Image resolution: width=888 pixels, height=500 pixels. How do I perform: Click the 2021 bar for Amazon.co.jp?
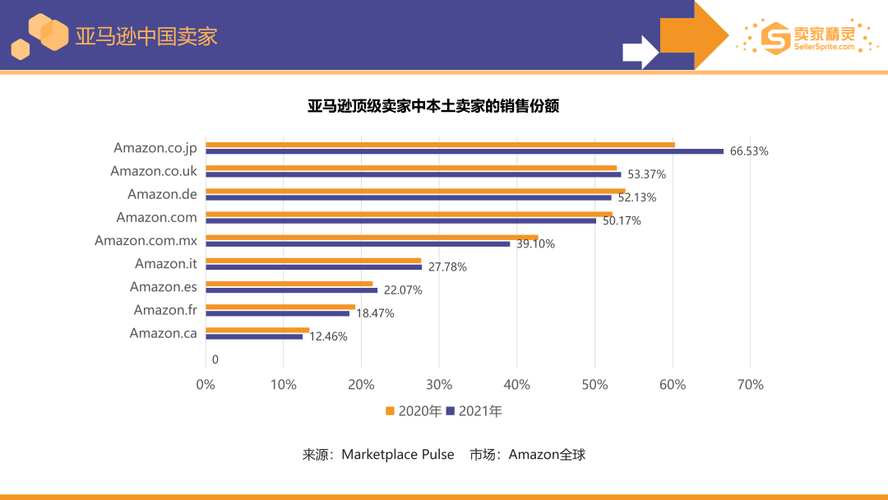465,151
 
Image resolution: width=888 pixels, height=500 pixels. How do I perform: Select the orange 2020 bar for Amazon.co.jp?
440,145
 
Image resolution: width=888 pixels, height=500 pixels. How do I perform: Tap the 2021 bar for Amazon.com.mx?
358,243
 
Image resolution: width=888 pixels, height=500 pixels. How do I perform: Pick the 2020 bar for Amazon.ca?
257,330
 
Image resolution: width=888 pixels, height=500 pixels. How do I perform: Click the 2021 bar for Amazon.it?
313,266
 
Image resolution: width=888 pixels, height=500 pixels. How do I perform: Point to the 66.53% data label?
749,151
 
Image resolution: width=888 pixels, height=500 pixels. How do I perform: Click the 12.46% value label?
328,336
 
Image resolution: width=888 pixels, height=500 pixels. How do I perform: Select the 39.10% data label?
535,244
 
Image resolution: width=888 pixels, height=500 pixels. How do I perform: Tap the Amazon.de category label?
162,194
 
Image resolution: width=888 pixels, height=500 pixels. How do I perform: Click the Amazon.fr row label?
165,310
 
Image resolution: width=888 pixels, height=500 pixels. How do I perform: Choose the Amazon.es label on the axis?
164,287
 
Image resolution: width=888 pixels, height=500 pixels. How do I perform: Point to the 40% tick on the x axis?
516,385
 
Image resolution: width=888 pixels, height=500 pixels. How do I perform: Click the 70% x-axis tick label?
750,385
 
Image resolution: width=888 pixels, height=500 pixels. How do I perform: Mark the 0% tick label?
206,385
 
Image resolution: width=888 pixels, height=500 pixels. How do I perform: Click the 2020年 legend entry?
414,411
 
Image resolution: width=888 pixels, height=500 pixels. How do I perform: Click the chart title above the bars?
433,106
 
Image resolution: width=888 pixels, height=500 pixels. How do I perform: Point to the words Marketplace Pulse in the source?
397,454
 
